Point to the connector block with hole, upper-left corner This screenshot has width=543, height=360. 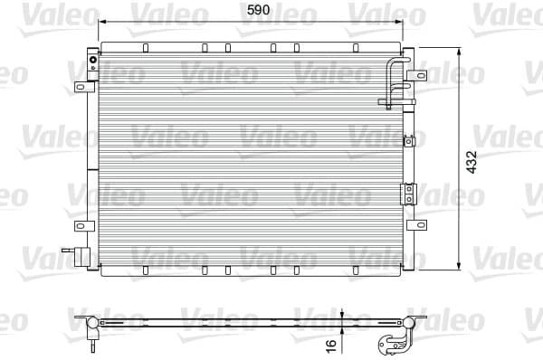92,62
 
